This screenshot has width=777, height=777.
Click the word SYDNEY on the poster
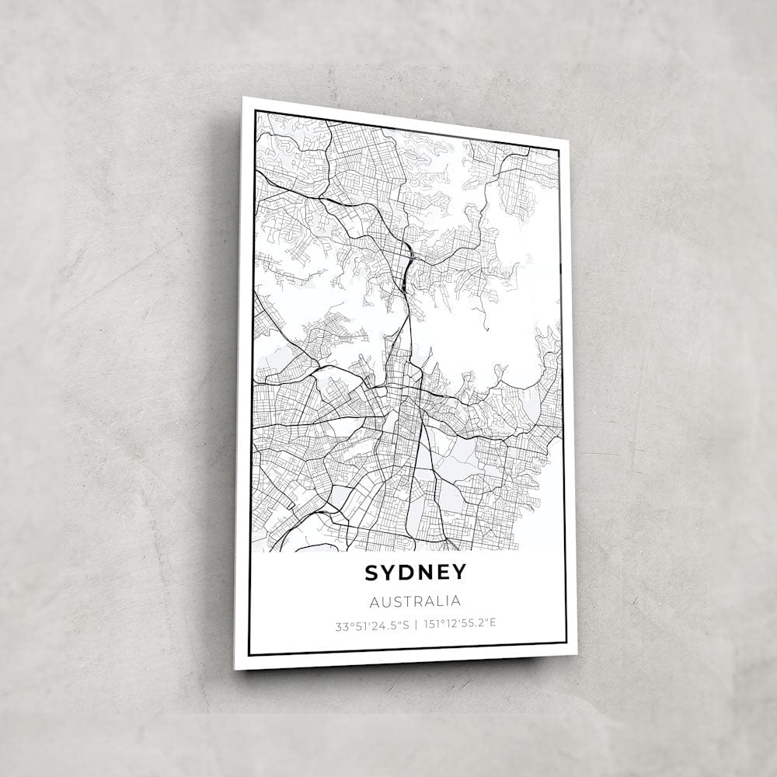tap(416, 573)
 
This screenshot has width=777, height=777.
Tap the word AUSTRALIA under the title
tap(416, 601)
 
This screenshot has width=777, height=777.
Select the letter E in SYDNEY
tap(444, 573)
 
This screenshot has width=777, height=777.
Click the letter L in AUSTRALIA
tap(440, 601)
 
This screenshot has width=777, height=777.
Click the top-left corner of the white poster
tap(243, 98)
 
